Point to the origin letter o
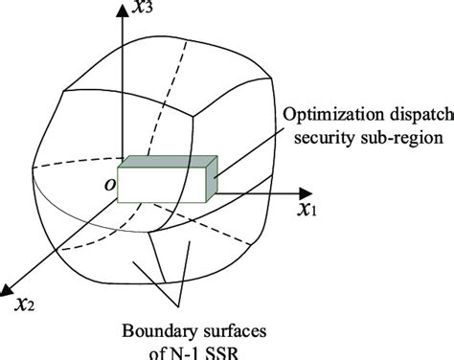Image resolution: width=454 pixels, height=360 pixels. pyautogui.click(x=108, y=181)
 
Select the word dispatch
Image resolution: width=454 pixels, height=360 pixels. pyautogui.click(x=420, y=116)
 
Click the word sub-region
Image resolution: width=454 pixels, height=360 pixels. pyautogui.click(x=399, y=139)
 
